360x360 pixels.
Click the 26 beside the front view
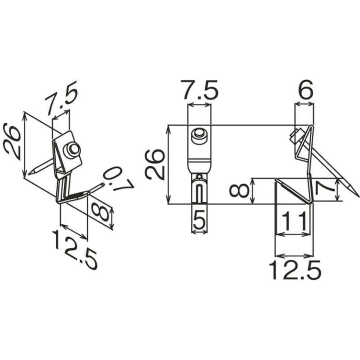(x=156, y=164)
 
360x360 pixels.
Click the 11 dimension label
(x=294, y=219)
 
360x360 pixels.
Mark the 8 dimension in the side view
(x=240, y=191)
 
